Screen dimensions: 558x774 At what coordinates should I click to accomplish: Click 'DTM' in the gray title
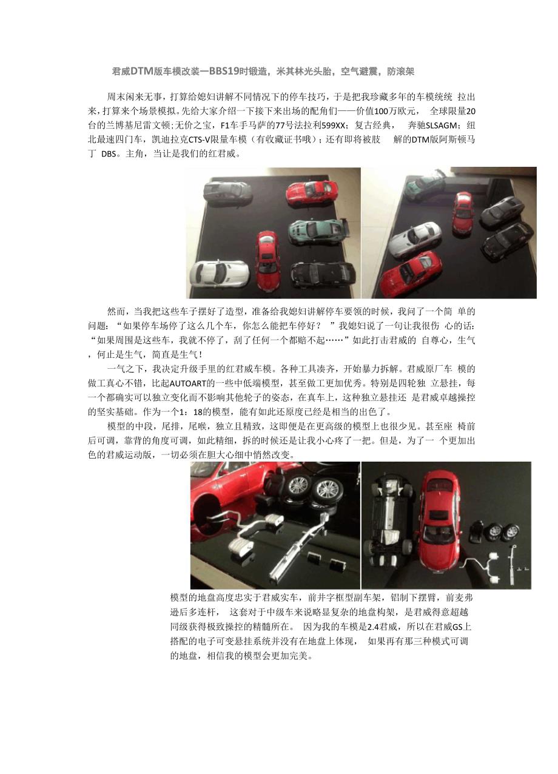(142, 72)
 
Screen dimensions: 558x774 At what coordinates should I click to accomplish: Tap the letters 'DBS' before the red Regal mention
(109, 154)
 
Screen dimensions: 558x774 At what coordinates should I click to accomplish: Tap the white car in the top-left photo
(219, 272)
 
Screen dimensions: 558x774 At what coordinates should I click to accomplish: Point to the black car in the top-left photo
(323, 272)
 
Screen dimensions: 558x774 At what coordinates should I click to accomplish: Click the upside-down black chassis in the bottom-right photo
(391, 524)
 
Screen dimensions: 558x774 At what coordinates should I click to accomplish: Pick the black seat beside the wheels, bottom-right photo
(477, 531)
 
